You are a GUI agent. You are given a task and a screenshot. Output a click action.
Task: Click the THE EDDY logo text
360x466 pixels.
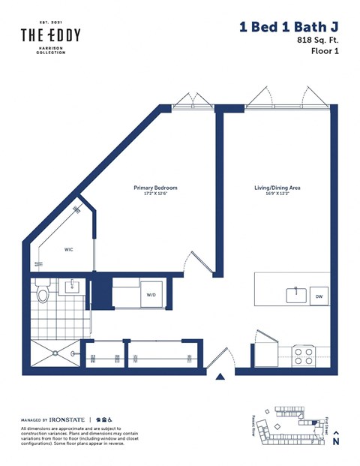coord(50,35)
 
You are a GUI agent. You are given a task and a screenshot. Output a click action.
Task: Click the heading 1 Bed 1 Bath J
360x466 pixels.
coord(288,28)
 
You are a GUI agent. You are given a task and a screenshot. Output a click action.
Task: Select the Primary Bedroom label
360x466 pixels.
coord(155,188)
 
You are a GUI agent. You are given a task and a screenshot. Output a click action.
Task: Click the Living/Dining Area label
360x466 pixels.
coord(282,188)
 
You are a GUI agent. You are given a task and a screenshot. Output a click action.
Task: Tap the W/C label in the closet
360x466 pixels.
coord(68,250)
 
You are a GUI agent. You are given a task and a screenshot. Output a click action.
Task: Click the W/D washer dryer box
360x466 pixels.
coord(151,294)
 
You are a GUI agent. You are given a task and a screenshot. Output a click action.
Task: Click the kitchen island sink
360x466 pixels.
coord(295,293)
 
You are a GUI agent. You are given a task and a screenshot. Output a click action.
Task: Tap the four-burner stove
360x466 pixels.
coord(303,353)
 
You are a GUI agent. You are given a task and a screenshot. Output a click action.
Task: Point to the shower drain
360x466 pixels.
coord(73,351)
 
